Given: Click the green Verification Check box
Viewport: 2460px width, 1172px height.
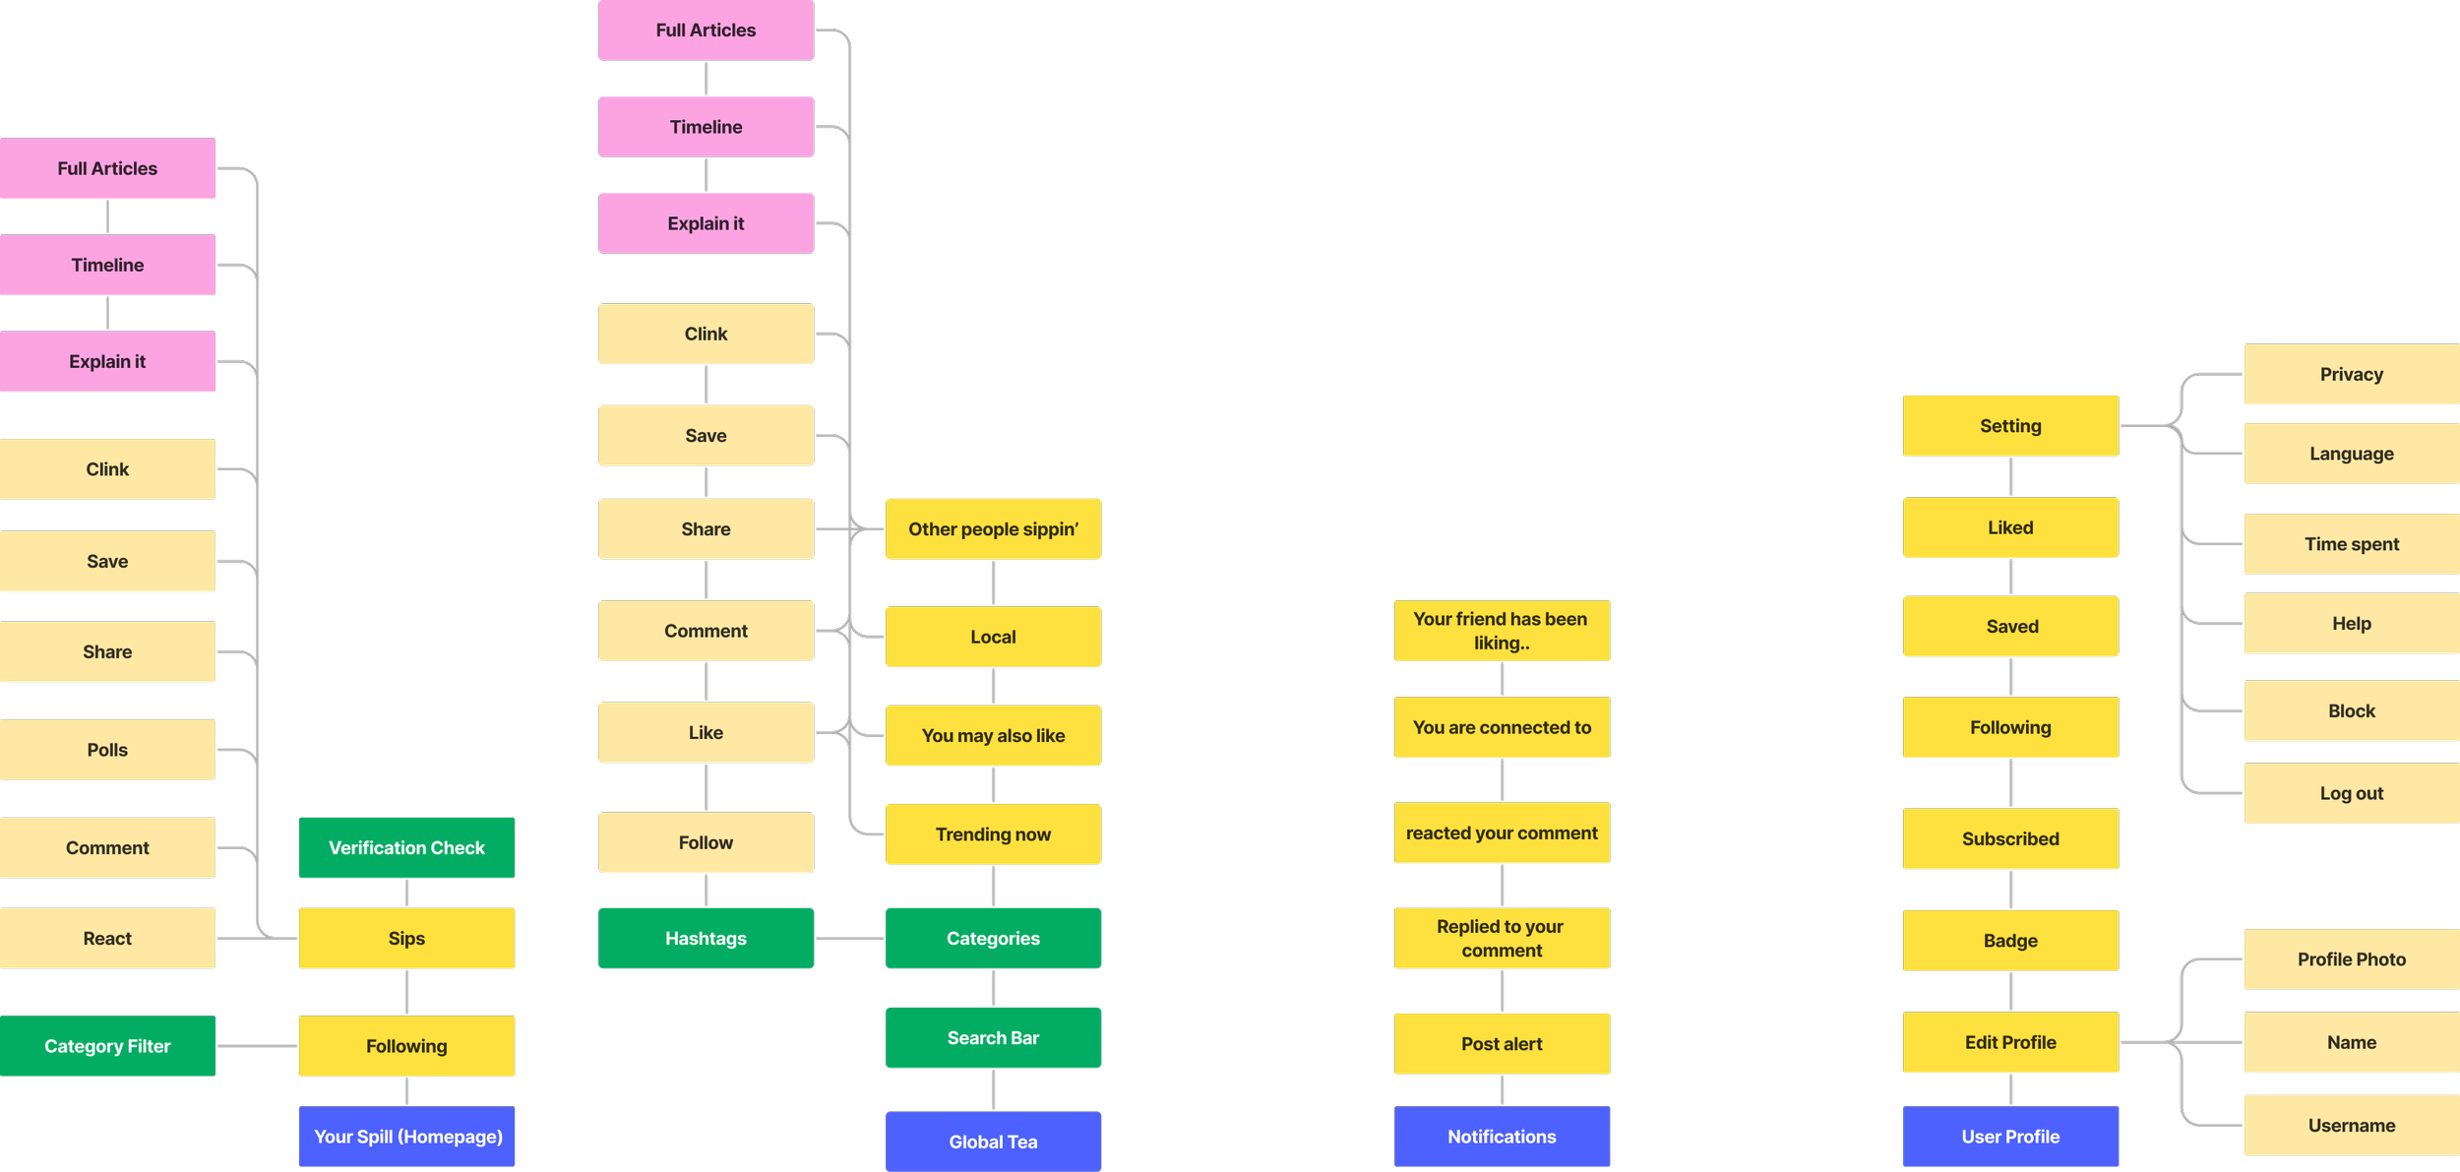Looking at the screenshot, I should point(406,847).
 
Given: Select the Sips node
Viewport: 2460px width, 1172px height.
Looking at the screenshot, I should point(406,938).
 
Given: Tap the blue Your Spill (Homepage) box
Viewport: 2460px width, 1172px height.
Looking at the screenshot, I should point(406,1137).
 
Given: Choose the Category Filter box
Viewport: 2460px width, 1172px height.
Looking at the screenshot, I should point(107,1046).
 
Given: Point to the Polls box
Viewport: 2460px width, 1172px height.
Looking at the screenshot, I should point(107,750).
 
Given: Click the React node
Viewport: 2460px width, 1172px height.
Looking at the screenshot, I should point(107,938).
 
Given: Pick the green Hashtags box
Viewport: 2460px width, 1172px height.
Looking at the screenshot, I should point(706,938).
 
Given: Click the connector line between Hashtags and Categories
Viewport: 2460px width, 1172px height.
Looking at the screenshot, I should point(849,939).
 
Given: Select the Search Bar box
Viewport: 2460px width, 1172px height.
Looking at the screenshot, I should point(993,1037).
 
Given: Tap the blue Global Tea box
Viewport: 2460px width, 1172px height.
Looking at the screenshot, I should point(993,1141).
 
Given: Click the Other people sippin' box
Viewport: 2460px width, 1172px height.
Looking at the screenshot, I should point(993,529).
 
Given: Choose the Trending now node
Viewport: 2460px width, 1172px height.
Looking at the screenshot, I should point(993,834).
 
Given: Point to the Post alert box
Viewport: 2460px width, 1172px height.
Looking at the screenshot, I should point(1502,1043).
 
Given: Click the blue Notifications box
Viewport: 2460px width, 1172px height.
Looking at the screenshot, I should point(1502,1137).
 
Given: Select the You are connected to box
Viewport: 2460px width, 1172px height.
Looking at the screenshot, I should point(1502,727).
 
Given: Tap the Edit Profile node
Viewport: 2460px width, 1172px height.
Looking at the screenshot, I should point(2010,1042).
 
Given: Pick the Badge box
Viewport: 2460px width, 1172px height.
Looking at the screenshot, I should point(2010,941).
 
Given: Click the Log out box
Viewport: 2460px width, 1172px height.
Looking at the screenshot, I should point(2351,793).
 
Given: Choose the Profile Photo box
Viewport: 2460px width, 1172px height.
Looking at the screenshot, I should point(2351,958).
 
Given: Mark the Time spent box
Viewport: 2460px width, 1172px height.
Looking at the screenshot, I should point(2351,544).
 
